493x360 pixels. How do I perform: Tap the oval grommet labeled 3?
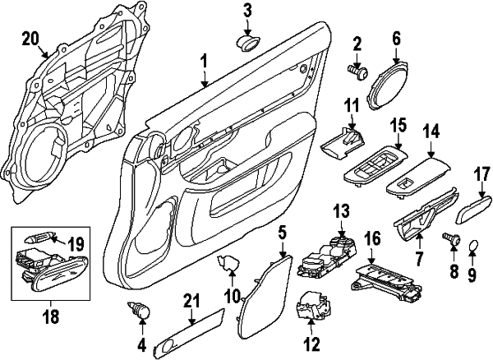(x=248, y=43)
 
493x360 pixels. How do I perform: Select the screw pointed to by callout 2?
(x=358, y=72)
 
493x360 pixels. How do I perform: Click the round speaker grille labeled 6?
(x=388, y=85)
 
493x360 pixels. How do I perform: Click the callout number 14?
(x=431, y=132)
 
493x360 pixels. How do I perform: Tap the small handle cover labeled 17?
(x=473, y=208)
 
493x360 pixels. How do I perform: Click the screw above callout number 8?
(x=452, y=239)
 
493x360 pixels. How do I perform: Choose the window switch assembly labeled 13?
(x=329, y=257)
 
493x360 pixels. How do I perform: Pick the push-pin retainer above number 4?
(x=139, y=311)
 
